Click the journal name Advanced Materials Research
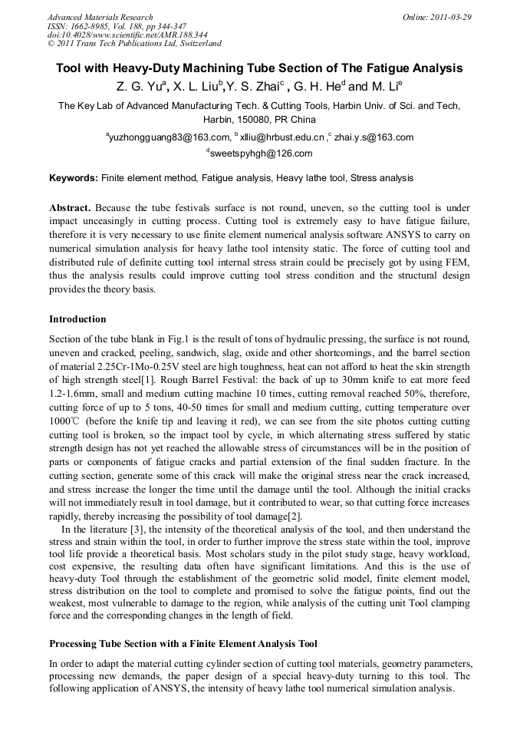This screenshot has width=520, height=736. (x=100, y=17)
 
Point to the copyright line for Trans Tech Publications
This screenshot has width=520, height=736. (x=134, y=44)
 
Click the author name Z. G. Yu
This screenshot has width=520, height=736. (x=138, y=86)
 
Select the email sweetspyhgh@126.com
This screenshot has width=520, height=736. (x=262, y=153)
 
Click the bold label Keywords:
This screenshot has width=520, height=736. (x=74, y=178)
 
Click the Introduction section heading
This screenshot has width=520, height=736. (x=77, y=318)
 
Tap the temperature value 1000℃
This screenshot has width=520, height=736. (x=65, y=421)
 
